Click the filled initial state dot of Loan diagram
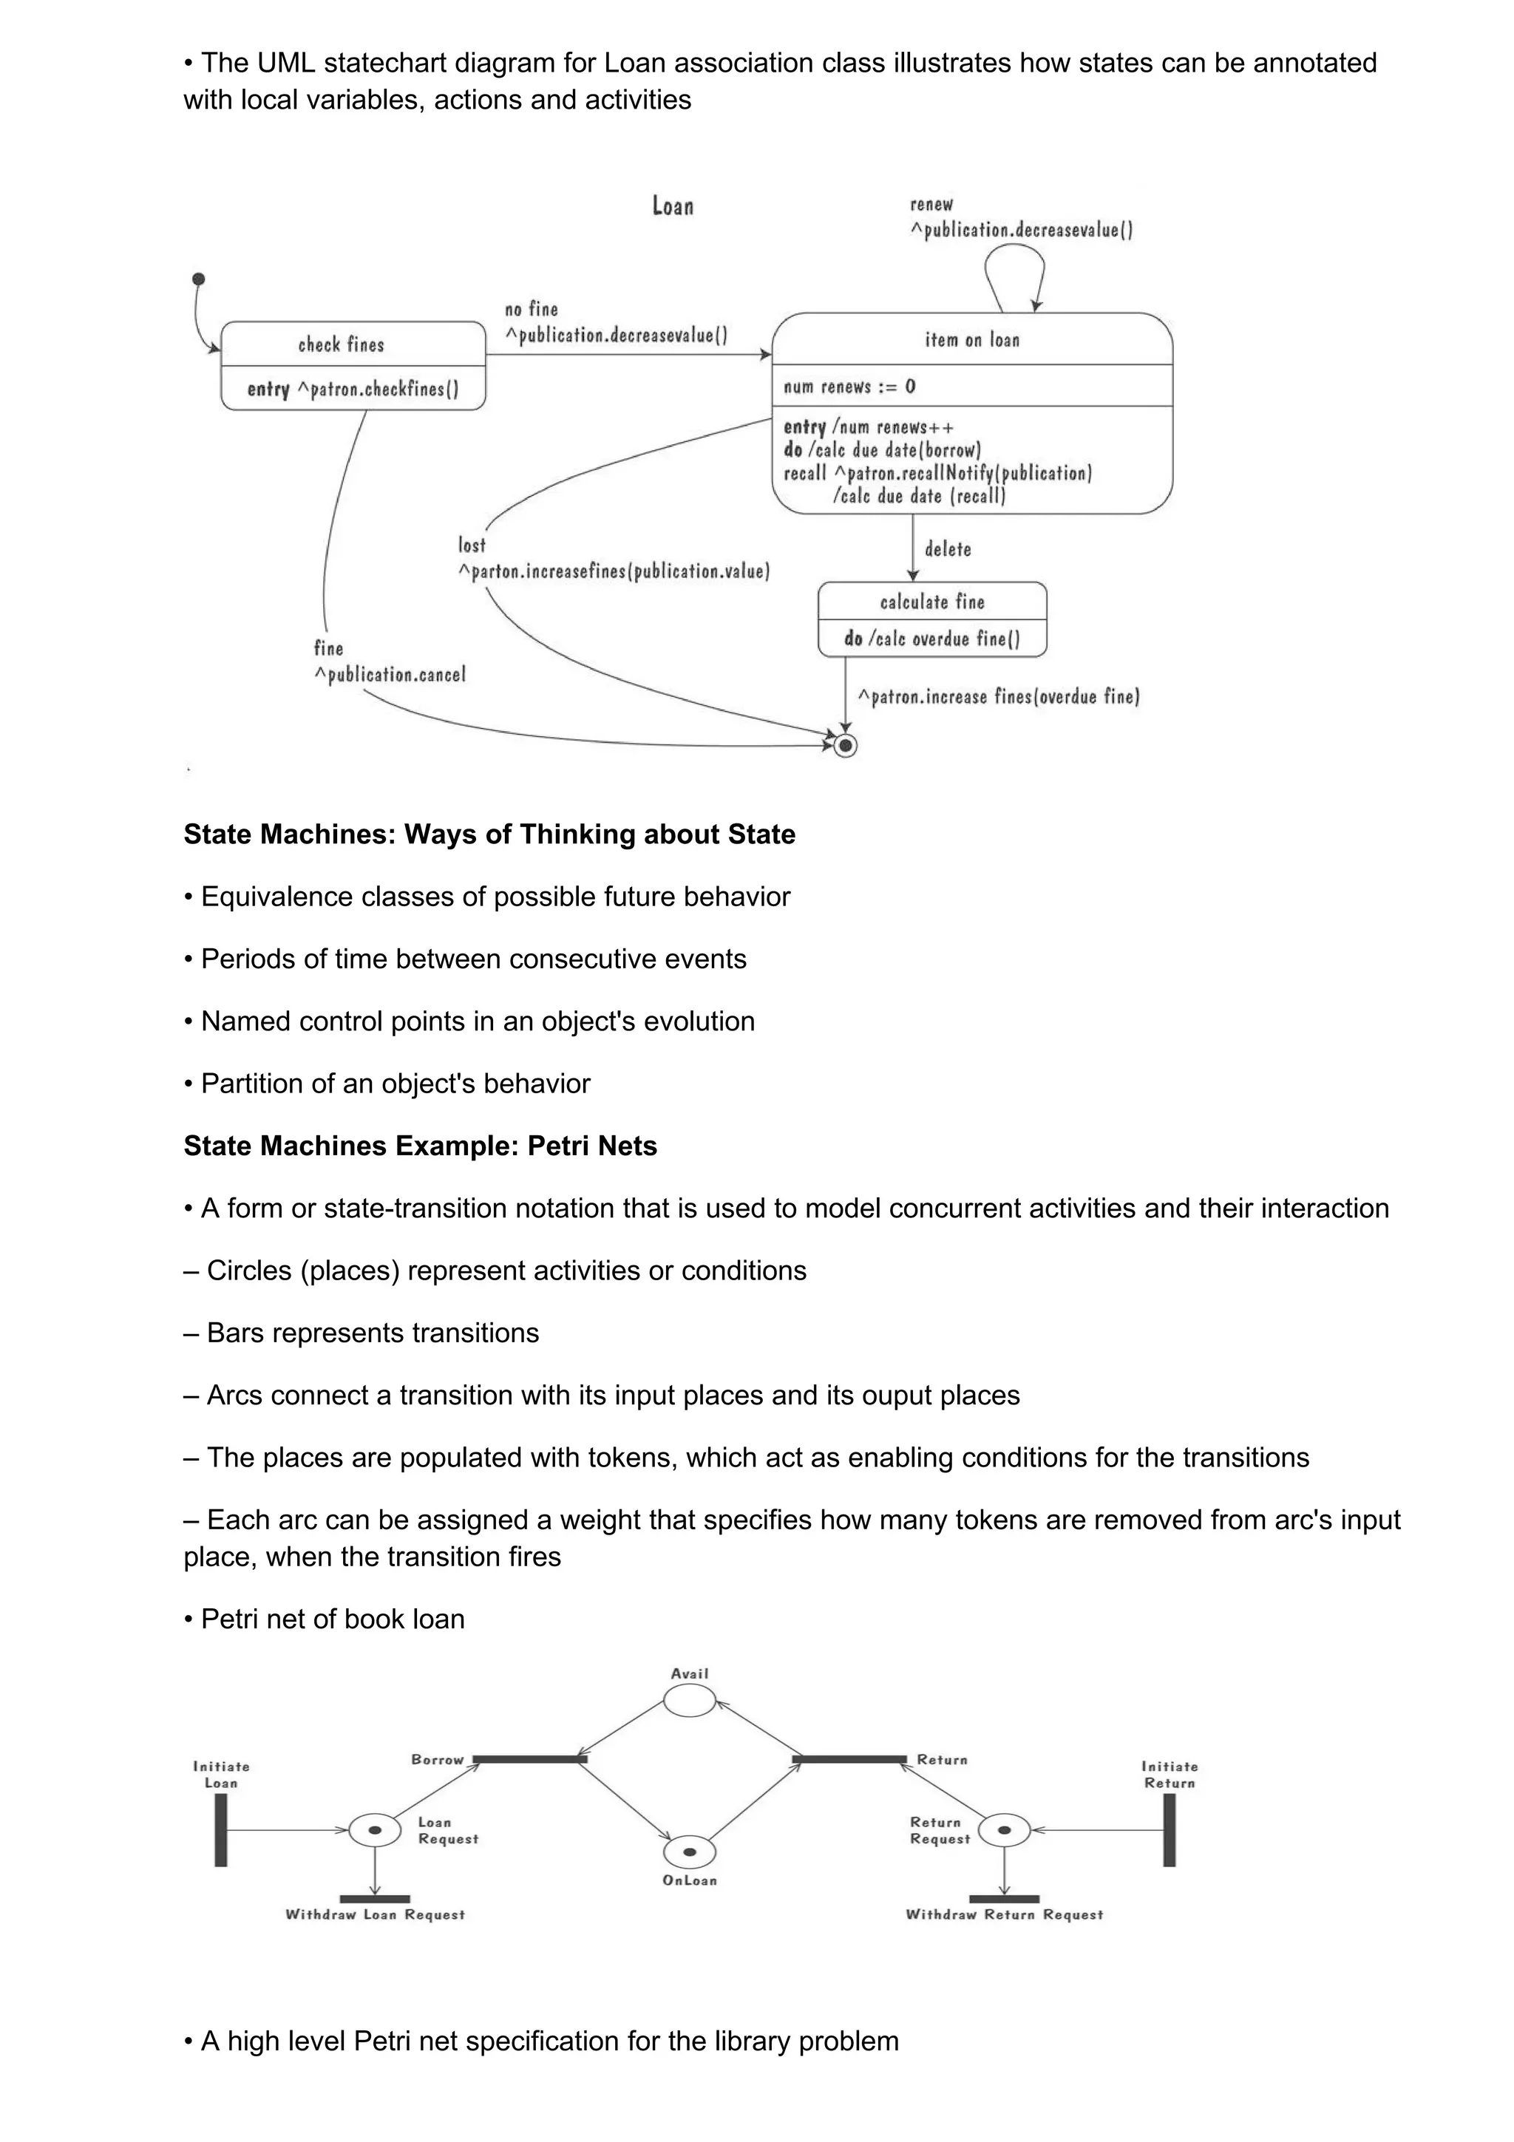(198, 279)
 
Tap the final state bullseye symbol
(845, 745)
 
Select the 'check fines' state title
(342, 344)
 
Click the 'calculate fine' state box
(932, 619)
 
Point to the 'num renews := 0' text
(849, 387)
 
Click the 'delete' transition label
(948, 549)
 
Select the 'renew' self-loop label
(931, 204)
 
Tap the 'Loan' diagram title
(673, 206)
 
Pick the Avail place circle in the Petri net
(690, 1701)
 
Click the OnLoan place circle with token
(690, 1852)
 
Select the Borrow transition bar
(529, 1759)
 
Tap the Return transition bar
(849, 1759)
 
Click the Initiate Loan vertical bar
(221, 1829)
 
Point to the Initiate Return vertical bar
(1169, 1829)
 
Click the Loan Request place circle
(375, 1829)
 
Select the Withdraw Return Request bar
(1004, 1899)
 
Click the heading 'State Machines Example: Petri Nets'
(420, 1146)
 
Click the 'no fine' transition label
(531, 309)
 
